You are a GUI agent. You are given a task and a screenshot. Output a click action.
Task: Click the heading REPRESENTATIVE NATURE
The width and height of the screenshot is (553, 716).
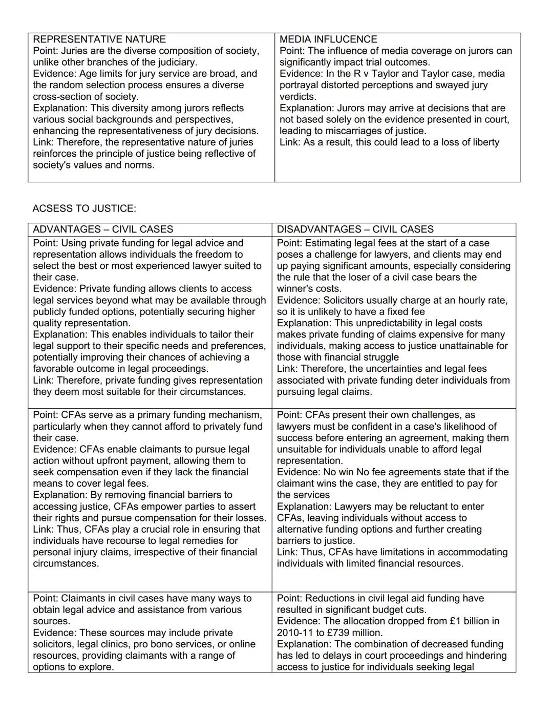tap(99, 39)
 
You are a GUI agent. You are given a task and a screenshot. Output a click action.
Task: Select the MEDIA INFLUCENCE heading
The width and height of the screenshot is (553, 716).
tap(328, 39)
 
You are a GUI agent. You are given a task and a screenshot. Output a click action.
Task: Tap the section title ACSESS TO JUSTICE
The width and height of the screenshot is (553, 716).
tap(84, 208)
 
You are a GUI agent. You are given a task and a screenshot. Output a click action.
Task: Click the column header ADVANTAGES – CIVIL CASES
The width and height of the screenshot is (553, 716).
tap(103, 229)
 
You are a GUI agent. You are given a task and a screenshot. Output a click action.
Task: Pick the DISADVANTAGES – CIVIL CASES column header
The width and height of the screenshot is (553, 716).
tap(355, 229)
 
